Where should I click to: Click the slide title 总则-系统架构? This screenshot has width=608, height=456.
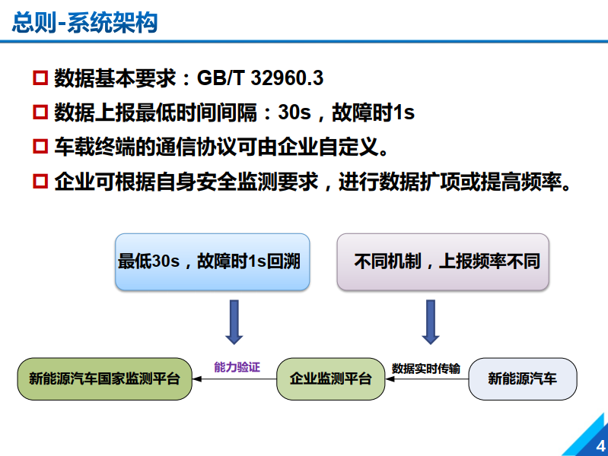tap(84, 23)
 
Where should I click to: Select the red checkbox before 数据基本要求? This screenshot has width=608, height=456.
tap(40, 78)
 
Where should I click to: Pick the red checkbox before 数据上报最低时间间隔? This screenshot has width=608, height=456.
tap(40, 113)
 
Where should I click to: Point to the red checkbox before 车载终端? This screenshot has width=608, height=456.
tap(40, 147)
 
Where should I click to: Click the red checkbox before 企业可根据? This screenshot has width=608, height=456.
tap(40, 182)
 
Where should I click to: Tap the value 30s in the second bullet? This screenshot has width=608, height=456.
tap(294, 113)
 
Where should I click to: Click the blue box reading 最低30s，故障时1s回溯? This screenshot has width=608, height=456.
tap(212, 261)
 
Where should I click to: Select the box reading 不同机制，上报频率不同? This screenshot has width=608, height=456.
tap(442, 261)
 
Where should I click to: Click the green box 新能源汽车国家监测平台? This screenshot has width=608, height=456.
tap(104, 378)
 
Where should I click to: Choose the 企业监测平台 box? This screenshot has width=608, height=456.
tap(330, 378)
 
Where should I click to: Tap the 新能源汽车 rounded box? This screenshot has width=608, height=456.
tap(522, 378)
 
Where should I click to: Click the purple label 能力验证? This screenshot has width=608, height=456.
tap(237, 367)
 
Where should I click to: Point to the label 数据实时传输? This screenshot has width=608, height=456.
tap(425, 368)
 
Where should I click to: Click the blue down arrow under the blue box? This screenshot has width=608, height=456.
tap(234, 321)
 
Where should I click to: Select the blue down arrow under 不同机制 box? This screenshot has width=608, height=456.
tap(431, 321)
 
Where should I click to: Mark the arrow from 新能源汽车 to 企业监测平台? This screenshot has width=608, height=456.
tap(425, 378)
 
